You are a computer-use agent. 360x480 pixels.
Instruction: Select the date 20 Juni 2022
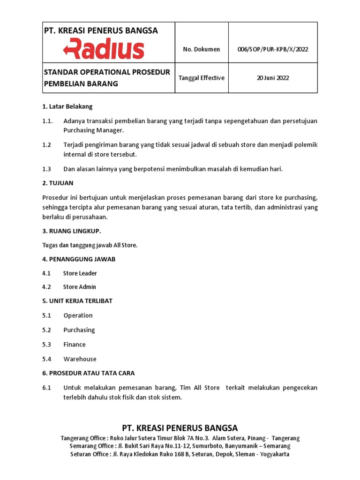[x=272, y=78]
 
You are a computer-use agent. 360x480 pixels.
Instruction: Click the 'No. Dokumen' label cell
[x=202, y=49]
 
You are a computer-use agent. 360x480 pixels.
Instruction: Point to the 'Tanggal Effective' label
[x=202, y=78]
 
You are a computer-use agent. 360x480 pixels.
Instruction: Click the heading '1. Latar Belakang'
[x=67, y=106]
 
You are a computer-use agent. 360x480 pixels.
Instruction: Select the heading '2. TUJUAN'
[x=58, y=183]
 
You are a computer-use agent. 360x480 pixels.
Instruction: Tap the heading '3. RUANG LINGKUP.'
[x=71, y=231]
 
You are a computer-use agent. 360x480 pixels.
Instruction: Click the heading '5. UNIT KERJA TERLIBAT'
[x=77, y=301]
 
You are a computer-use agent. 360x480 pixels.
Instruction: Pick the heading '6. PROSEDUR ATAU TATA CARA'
[x=88, y=373]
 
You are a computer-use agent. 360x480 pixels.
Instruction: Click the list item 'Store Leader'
[x=80, y=273]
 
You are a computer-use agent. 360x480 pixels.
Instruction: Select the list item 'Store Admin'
[x=80, y=287]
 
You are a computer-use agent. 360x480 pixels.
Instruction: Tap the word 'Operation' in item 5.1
[x=78, y=315]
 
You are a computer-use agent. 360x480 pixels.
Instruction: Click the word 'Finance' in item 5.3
[x=75, y=345]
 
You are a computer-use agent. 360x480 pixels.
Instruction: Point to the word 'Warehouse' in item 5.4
[x=80, y=359]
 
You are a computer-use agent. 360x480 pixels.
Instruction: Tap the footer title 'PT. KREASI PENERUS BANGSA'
[x=180, y=428]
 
